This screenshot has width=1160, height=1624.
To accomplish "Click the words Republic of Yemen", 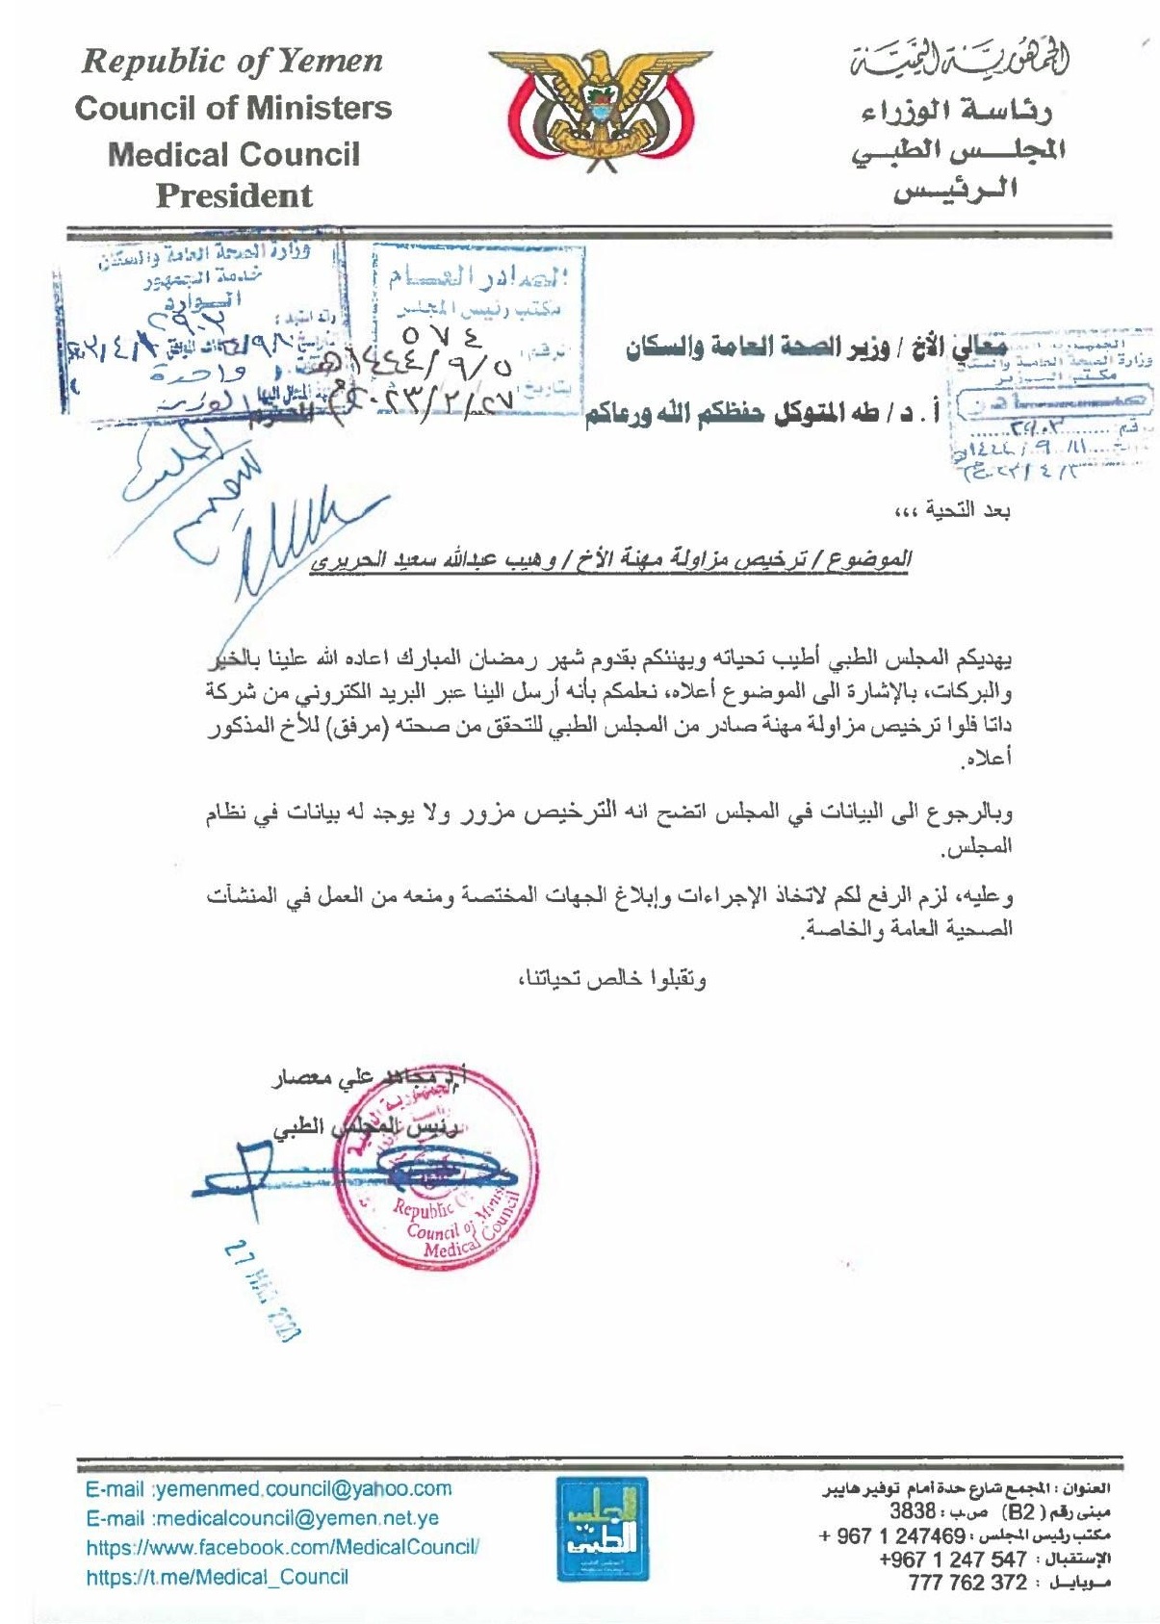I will tap(233, 62).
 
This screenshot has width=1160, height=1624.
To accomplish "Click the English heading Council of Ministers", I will tap(233, 108).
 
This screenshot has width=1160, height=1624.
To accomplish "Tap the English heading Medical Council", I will tap(233, 154).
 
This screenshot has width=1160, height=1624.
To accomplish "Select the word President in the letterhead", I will tap(234, 196).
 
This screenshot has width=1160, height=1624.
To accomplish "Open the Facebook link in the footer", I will tap(282, 1548).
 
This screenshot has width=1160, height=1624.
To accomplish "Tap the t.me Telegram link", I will tap(217, 1577).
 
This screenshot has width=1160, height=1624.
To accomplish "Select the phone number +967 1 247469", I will tap(891, 1535).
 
